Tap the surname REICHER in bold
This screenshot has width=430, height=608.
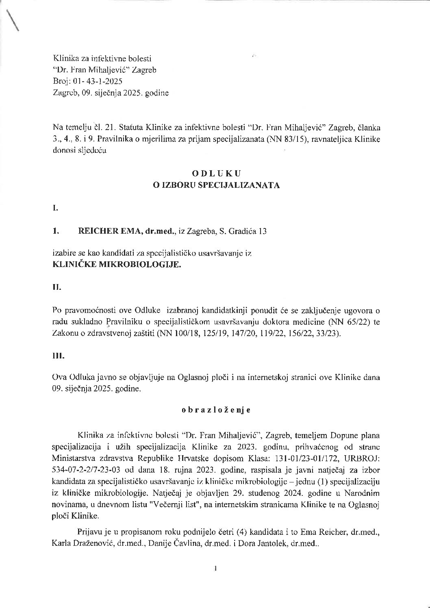[x=96, y=231]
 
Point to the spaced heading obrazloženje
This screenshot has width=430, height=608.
[x=215, y=410]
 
